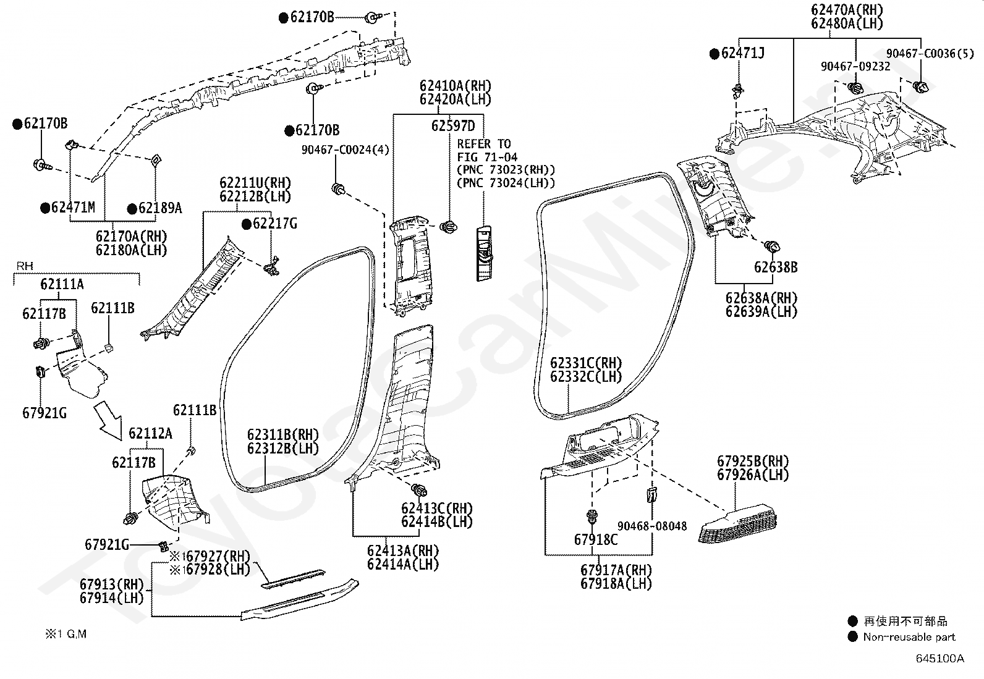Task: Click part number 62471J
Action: click(742, 54)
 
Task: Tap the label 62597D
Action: click(453, 126)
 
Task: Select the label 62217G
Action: click(274, 224)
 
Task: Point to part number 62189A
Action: click(159, 208)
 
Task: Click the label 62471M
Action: click(72, 208)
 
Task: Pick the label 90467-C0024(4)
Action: click(345, 150)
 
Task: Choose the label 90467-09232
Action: click(855, 66)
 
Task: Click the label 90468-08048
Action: click(651, 526)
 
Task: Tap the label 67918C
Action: click(595, 539)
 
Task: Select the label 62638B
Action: click(775, 268)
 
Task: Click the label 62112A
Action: click(150, 434)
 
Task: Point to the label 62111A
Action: click(62, 284)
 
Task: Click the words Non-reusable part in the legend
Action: click(909, 637)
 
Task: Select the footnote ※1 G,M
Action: click(65, 635)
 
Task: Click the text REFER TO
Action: click(484, 144)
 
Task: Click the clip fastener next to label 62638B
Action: click(771, 247)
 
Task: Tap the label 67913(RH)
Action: click(111, 584)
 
